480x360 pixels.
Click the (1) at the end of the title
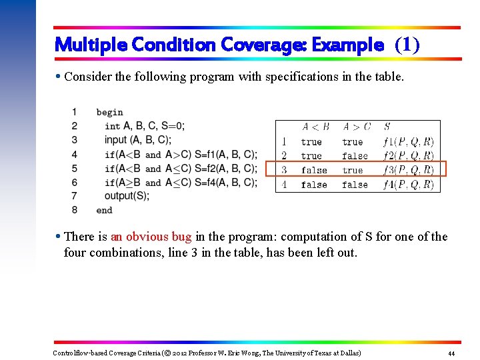[407, 45]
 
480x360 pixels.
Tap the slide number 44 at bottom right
[452, 353]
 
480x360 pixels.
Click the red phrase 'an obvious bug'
[151, 237]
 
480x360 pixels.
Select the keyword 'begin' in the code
[109, 112]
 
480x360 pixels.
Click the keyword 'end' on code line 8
[104, 210]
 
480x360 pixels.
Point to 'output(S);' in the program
[127, 196]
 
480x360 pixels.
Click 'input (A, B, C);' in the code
[137, 140]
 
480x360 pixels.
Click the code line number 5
[75, 168]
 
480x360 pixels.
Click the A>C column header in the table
[356, 127]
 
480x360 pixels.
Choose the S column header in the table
[387, 127]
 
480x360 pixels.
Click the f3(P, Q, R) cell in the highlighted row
[408, 170]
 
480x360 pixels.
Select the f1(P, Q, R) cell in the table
[408, 141]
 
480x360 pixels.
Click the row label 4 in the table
[285, 185]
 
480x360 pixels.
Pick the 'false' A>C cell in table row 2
[355, 156]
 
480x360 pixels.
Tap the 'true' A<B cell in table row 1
[311, 141]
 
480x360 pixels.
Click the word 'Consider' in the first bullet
[86, 77]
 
